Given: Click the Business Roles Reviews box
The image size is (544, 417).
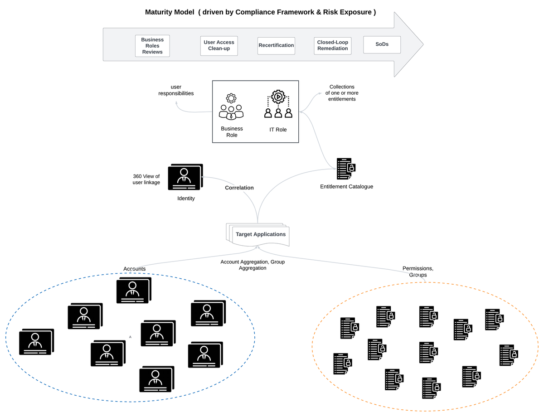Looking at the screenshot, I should point(152,46).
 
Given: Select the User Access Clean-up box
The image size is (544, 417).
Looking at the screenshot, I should point(219,45).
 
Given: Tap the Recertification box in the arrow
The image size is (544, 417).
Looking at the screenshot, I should point(276,45).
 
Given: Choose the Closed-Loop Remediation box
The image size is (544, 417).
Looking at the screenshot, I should point(333,45).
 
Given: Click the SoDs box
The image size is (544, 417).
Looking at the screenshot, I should point(382,44).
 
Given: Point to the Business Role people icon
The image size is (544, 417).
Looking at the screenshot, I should point(231,107).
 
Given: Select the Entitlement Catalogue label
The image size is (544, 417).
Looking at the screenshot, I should point(346,186).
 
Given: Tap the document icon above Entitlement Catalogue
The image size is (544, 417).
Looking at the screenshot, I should point(345,169).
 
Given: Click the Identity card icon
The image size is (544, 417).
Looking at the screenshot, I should point(185,177).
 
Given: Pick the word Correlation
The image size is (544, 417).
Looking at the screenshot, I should point(239,188).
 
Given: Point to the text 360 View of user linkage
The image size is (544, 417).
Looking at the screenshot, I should point(146,179).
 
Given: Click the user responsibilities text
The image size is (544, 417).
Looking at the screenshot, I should point(176,90).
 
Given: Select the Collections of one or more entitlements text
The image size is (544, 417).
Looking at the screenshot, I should point(342,92).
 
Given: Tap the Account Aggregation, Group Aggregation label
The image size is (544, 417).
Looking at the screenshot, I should point(253,265).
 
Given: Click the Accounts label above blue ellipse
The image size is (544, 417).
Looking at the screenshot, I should point(135,269).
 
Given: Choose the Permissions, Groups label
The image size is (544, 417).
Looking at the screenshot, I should point(418,272).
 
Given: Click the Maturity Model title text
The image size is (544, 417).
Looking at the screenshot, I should point(260,12).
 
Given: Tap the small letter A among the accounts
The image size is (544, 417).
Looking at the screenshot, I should point(130,337).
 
